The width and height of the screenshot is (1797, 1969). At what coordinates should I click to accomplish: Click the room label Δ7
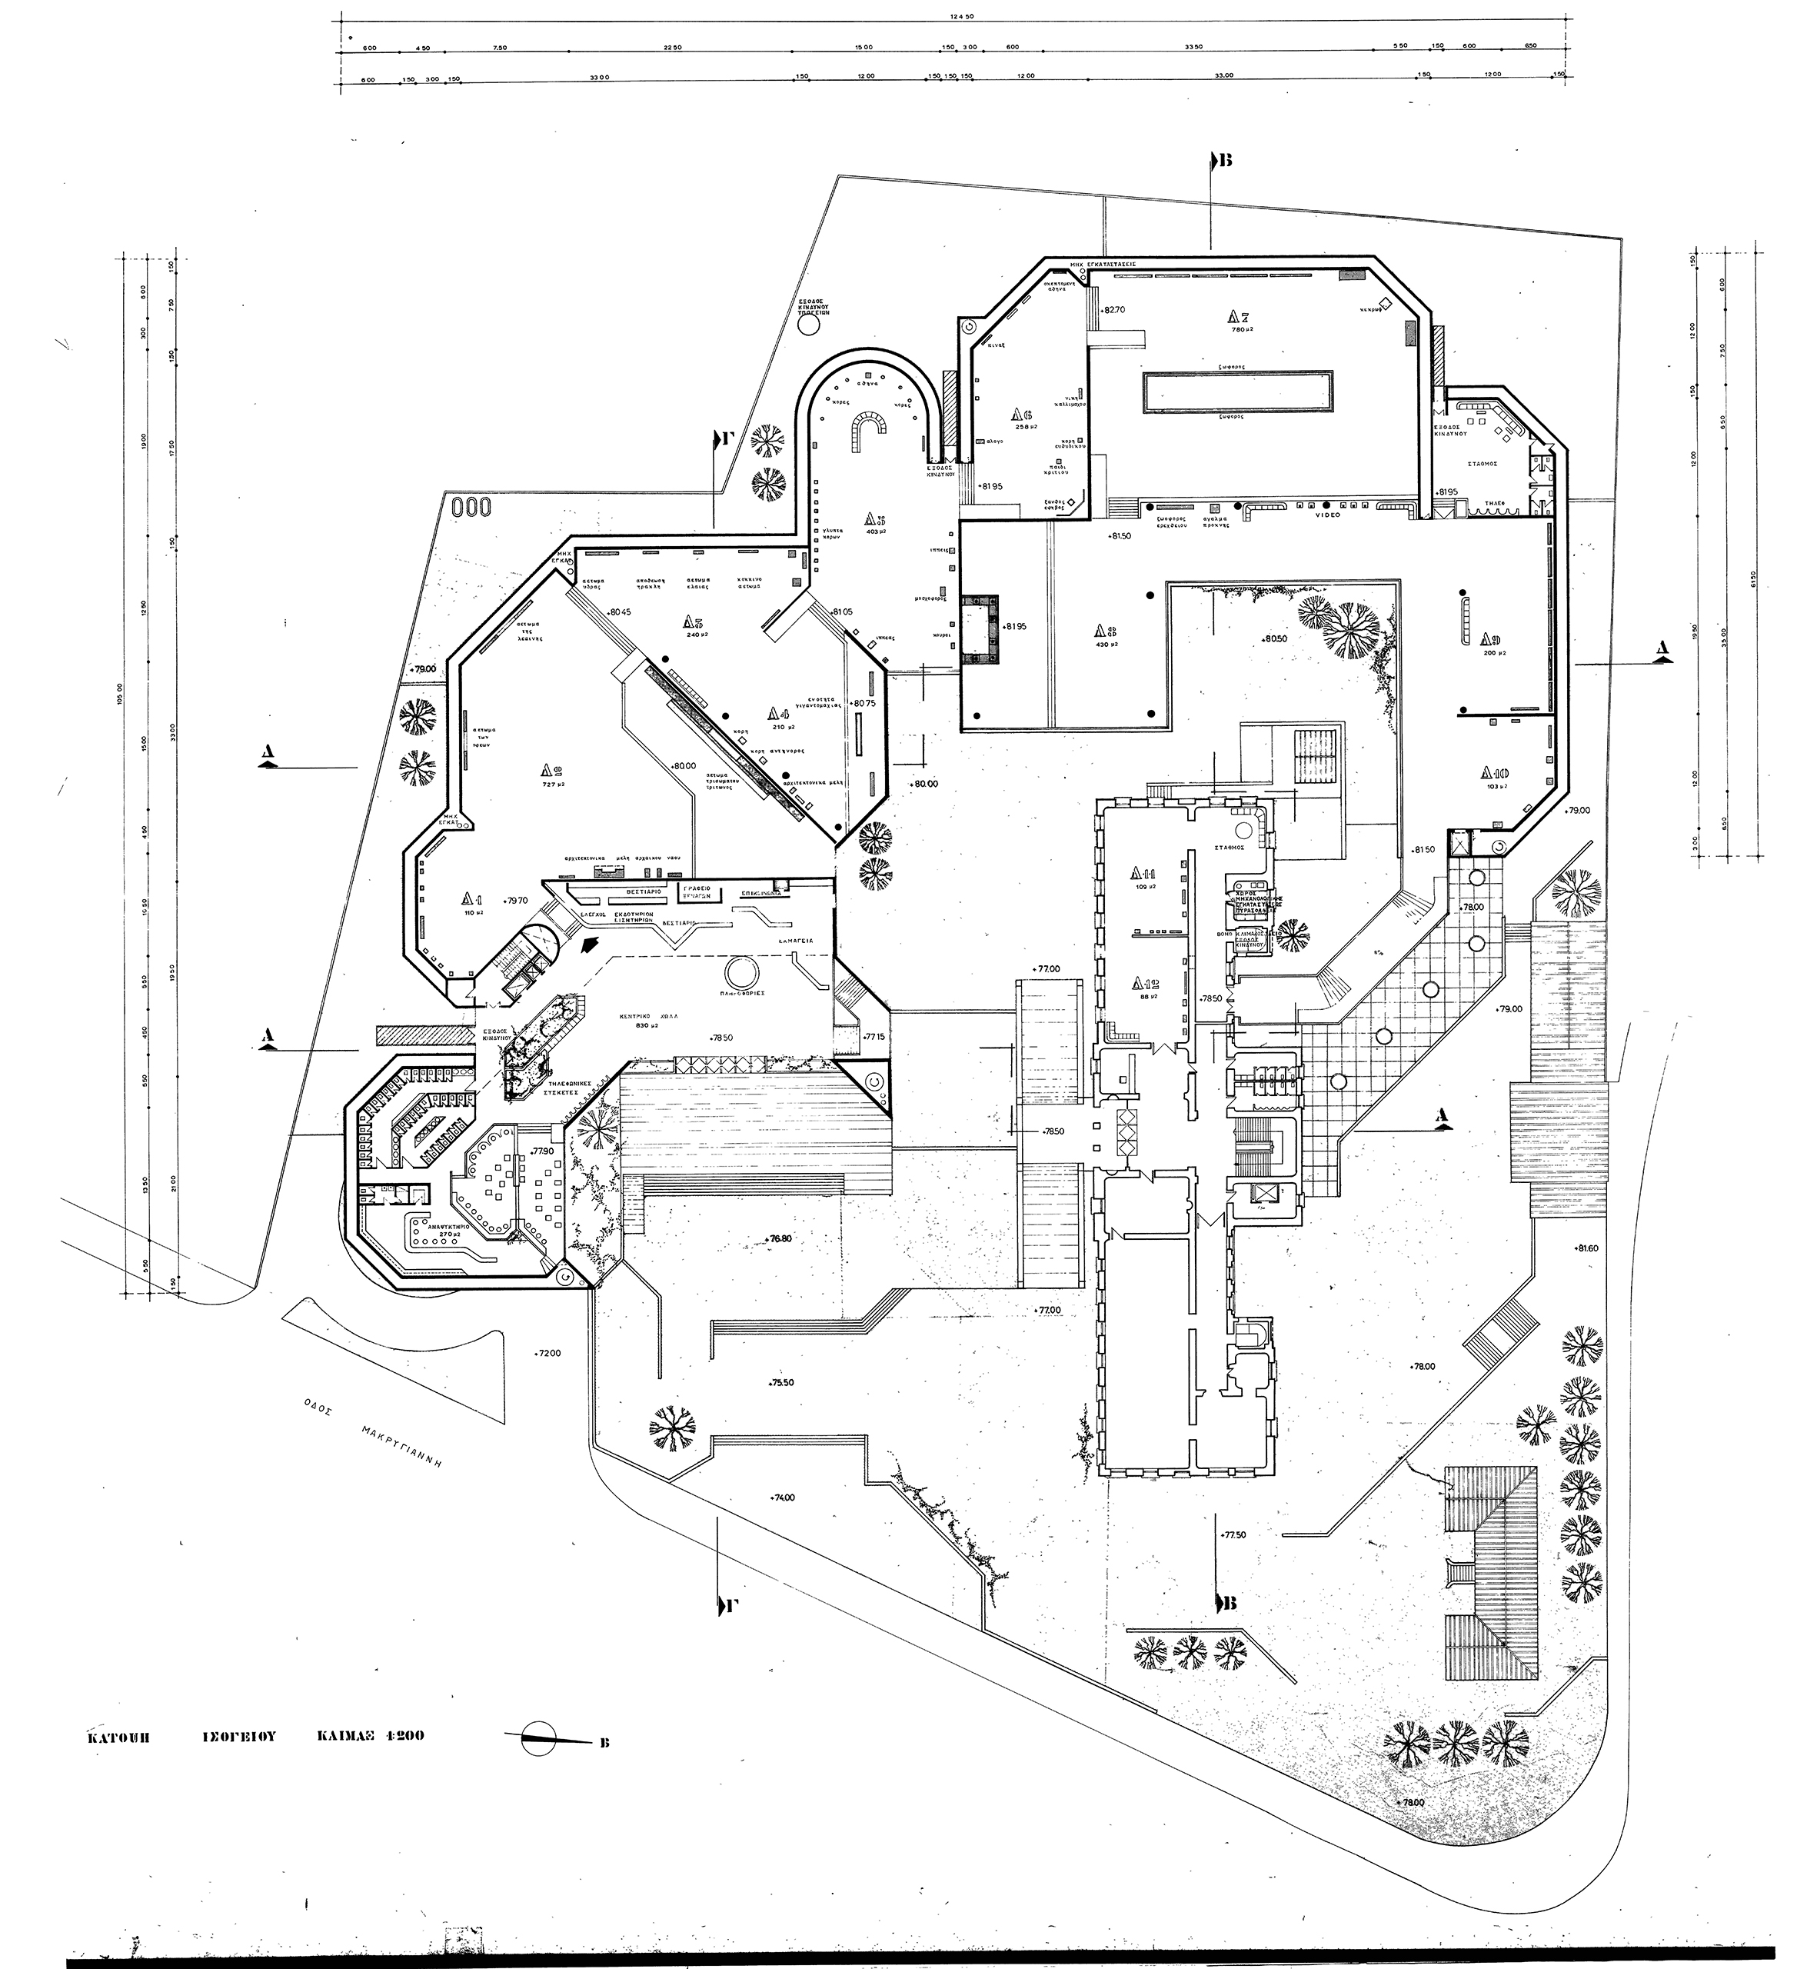click(x=1240, y=315)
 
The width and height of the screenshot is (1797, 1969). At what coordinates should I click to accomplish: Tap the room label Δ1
click(x=476, y=898)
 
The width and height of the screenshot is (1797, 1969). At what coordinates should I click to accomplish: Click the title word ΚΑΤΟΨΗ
click(x=117, y=1737)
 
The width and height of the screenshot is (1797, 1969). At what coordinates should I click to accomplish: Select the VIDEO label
click(x=1328, y=515)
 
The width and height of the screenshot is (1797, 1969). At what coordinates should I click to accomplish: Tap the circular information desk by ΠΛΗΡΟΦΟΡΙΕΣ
click(x=737, y=971)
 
